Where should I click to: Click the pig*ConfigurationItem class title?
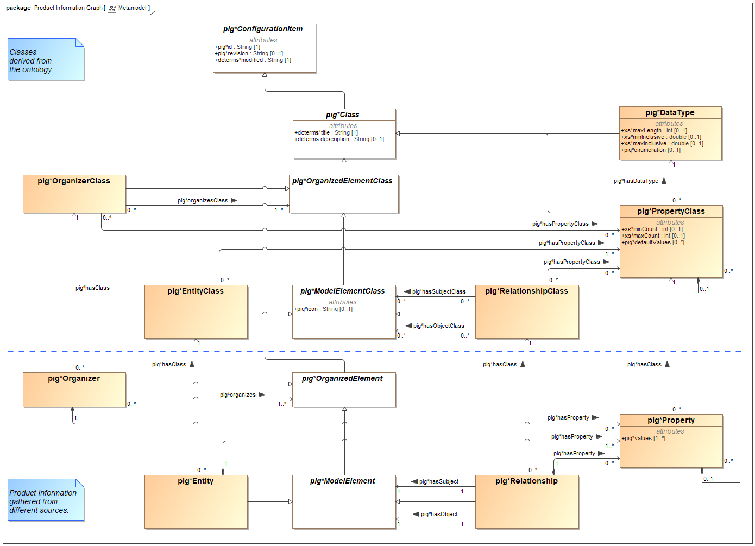point(263,29)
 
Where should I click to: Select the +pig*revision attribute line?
point(249,54)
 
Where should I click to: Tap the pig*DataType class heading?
point(670,113)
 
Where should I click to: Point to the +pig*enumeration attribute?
point(651,150)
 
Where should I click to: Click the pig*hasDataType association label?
point(636,181)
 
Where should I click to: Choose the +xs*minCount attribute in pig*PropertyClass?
point(652,230)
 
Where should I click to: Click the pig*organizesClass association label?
point(203,201)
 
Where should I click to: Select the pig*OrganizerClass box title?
point(74,181)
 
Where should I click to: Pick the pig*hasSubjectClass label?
point(439,292)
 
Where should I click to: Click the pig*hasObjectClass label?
point(438,326)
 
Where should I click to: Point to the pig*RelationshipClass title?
point(526,291)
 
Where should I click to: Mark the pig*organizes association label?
point(237,395)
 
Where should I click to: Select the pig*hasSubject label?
point(439,482)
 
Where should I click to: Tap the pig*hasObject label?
point(439,515)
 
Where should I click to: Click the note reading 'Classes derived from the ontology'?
point(46,60)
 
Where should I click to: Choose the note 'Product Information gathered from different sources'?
point(46,501)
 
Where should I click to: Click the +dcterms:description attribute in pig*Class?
point(339,139)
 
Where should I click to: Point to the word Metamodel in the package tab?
point(132,8)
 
